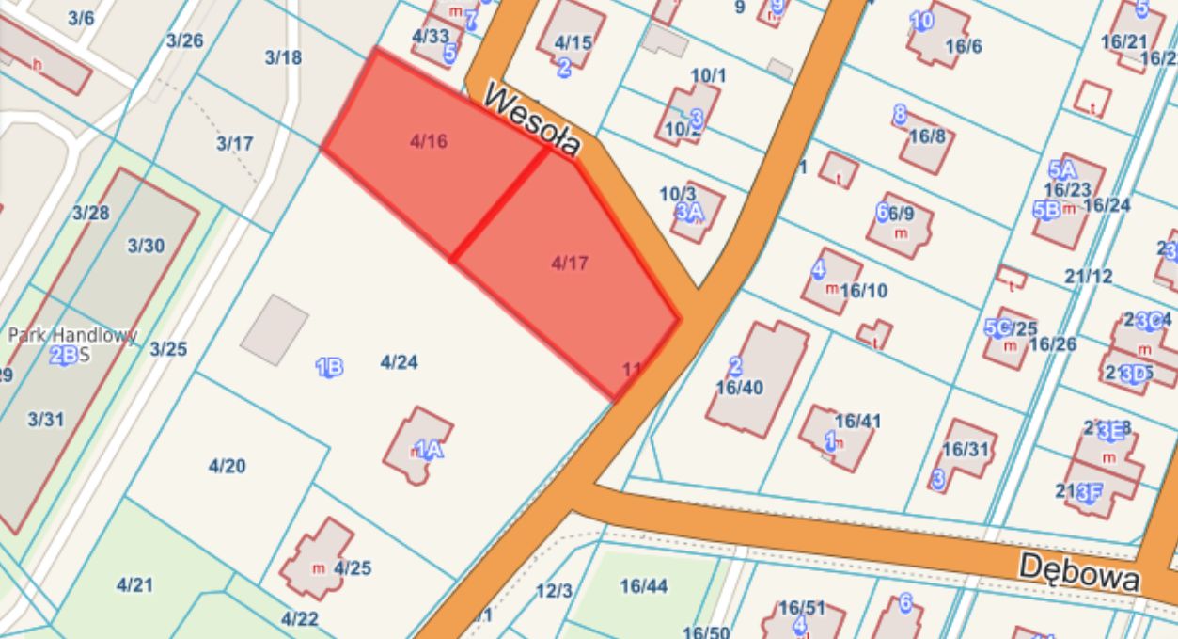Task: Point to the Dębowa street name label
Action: click(1079, 570)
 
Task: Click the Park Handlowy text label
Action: click(72, 335)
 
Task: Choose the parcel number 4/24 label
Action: click(399, 362)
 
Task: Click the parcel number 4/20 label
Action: click(227, 466)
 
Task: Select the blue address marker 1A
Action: click(429, 450)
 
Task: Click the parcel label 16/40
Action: click(739, 387)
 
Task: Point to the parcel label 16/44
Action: click(643, 587)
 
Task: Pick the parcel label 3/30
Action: click(146, 247)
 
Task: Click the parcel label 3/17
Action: click(234, 144)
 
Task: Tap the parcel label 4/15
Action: click(573, 42)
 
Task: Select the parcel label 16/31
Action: click(966, 450)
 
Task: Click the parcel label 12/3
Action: click(554, 591)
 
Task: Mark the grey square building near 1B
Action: click(275, 329)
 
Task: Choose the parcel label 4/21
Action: click(134, 585)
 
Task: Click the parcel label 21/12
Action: click(1089, 276)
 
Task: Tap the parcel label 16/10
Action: click(863, 291)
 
